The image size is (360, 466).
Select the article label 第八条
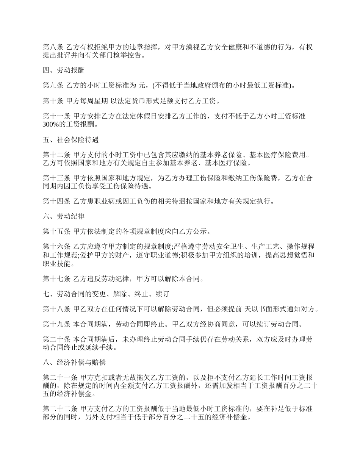[53, 47]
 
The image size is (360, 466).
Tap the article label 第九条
[53, 86]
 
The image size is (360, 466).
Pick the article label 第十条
[53, 101]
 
